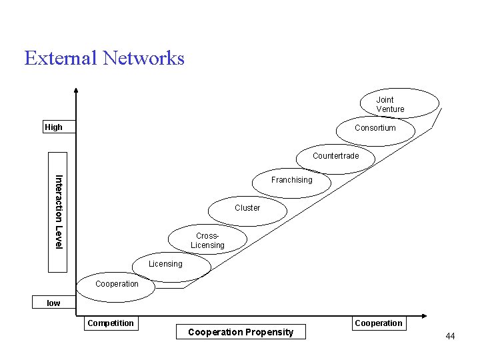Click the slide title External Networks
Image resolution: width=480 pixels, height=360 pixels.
(104, 58)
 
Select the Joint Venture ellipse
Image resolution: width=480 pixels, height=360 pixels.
(399, 104)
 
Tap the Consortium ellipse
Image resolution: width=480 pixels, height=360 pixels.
(375, 128)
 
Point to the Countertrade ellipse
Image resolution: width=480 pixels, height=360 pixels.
(335, 156)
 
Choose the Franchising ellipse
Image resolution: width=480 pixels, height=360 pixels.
(291, 180)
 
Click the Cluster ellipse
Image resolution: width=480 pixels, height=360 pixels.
(247, 208)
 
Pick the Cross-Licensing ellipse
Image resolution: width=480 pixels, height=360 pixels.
(207, 241)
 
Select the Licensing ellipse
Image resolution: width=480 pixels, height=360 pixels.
(165, 264)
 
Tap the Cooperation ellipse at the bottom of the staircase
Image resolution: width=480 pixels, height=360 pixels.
(117, 285)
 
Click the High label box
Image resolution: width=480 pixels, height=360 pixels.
(53, 127)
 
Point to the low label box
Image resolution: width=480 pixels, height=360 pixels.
(53, 303)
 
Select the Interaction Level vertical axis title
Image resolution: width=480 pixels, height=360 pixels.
(58, 212)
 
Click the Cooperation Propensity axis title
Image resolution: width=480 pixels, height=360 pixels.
(241, 332)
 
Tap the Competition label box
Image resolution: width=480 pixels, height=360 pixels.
(111, 323)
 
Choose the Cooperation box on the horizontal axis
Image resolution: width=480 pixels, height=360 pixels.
(379, 323)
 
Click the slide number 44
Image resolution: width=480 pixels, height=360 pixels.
(450, 337)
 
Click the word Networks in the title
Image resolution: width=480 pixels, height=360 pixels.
(143, 58)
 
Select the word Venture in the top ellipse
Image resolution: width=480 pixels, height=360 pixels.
(390, 109)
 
